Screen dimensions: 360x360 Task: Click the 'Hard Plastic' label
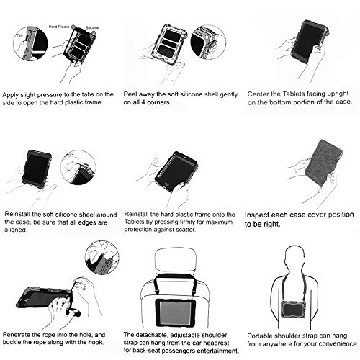pos(59,27)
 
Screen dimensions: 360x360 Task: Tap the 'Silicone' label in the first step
pos(92,28)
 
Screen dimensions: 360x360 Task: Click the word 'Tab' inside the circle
pos(19,35)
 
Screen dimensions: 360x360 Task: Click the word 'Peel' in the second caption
pos(130,94)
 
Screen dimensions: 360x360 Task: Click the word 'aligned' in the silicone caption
pos(15,230)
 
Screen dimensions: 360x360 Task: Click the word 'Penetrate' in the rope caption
pos(18,335)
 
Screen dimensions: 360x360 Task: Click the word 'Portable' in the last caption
pos(259,336)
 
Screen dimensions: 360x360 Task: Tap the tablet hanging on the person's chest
pos(297,310)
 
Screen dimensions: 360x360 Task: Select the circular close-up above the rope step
pos(102,258)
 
